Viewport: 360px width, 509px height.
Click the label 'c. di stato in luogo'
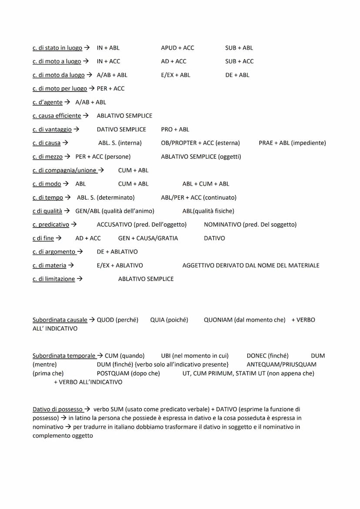pyautogui.click(x=57, y=48)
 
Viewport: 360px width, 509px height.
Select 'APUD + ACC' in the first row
pyautogui.click(x=177, y=48)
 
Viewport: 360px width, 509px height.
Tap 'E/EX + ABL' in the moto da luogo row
pyautogui.click(x=175, y=75)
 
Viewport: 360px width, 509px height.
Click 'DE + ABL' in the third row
pyautogui.click(x=237, y=75)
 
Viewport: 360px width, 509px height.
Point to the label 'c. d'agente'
pyautogui.click(x=47, y=102)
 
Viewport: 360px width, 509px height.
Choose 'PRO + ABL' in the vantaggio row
pyautogui.click(x=175, y=129)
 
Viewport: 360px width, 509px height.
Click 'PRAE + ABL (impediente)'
pyautogui.click(x=292, y=143)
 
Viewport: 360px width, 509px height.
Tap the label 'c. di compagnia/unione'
pyautogui.click(x=64, y=170)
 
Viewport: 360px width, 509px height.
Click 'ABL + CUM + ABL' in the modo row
pyautogui.click(x=206, y=183)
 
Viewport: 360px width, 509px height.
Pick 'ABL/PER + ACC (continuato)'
pyautogui.click(x=199, y=197)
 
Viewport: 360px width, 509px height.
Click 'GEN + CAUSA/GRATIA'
pyautogui.click(x=148, y=238)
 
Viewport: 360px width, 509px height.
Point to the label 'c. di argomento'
pyautogui.click(x=54, y=252)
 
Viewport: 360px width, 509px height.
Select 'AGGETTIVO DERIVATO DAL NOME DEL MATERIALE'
pyautogui.click(x=250, y=265)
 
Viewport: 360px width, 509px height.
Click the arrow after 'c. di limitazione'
pyautogui.click(x=80, y=279)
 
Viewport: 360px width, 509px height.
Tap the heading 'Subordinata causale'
pyautogui.click(x=60, y=319)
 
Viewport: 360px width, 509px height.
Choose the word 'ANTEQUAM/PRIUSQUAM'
pyautogui.click(x=281, y=364)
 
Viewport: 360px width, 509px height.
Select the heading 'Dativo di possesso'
pyautogui.click(x=57, y=409)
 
